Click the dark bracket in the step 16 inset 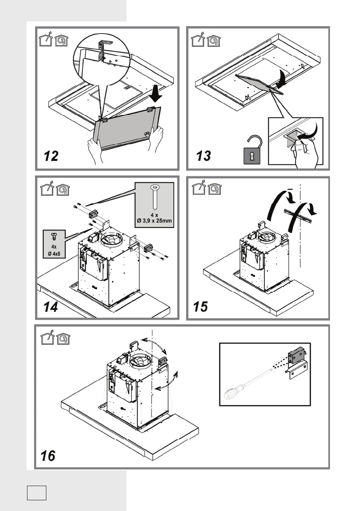click(x=296, y=355)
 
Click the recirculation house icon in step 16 click(x=63, y=341)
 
